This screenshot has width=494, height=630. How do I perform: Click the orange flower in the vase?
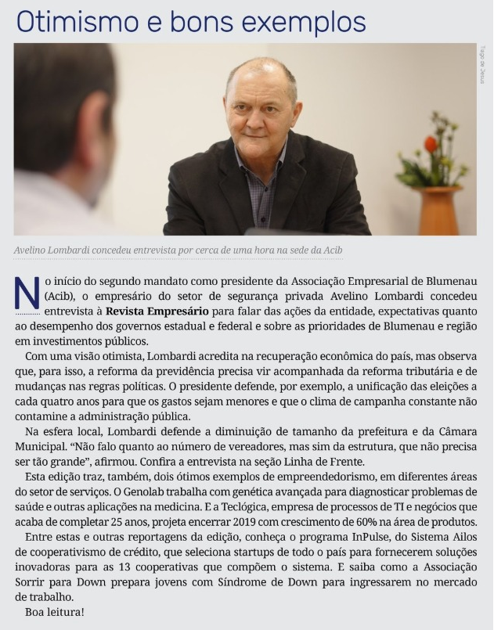click(431, 144)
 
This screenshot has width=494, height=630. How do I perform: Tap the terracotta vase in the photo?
click(438, 210)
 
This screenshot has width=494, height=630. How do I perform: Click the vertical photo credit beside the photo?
click(483, 63)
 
